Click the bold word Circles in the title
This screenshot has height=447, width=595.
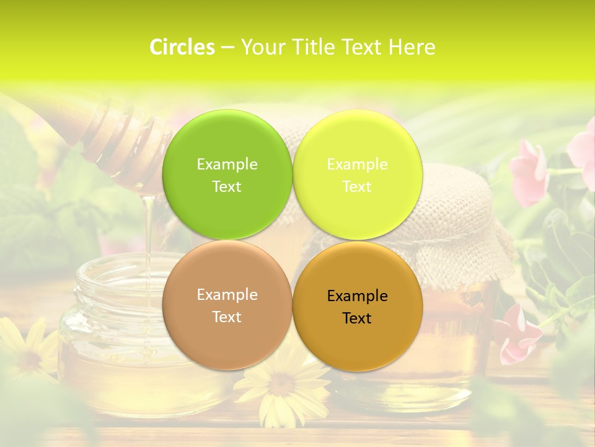182,47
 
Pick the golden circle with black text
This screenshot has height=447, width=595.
358,338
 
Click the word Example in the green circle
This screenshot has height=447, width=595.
227,165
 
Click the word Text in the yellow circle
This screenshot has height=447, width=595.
357,187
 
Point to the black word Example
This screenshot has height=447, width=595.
357,296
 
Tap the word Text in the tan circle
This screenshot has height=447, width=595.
227,317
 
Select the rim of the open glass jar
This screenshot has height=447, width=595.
118,273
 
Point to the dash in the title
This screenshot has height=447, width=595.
227,48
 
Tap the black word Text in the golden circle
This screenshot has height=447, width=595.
357,318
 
